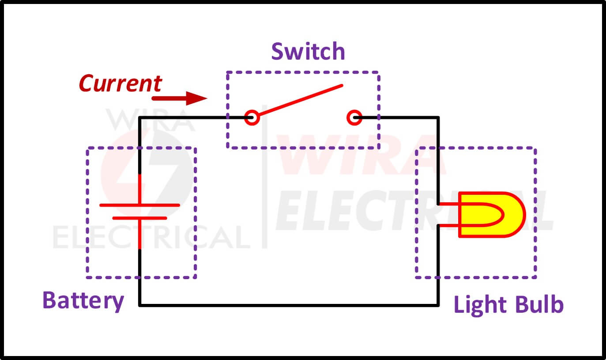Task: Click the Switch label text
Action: tap(308, 52)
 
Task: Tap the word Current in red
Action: tap(120, 83)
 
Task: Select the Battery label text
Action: tap(83, 301)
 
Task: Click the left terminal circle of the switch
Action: tap(252, 117)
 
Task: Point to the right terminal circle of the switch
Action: tap(354, 117)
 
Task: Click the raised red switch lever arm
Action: tap(300, 101)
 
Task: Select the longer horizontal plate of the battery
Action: tap(139, 205)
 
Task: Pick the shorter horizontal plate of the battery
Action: tap(139, 218)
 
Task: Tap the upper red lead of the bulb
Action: tap(449, 205)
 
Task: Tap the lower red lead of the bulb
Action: tap(449, 225)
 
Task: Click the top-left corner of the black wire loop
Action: tap(140, 118)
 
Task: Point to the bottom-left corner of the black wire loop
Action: tap(140, 305)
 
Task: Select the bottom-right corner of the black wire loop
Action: tap(438, 305)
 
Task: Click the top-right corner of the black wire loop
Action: tap(438, 118)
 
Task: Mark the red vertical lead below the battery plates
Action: tap(140, 234)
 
